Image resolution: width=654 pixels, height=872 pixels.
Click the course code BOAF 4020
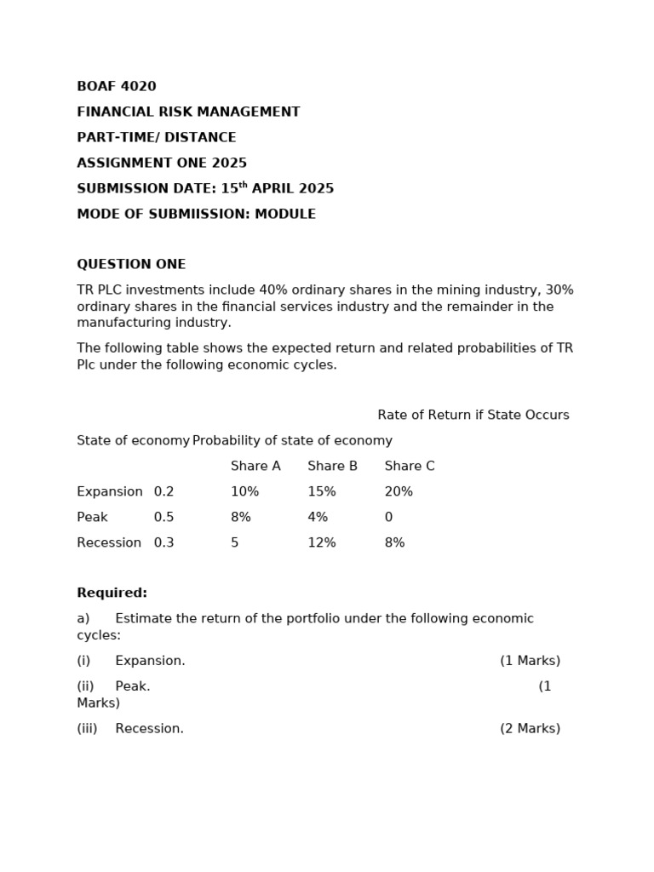click(x=117, y=87)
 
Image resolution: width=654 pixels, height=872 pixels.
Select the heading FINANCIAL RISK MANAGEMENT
click(x=188, y=112)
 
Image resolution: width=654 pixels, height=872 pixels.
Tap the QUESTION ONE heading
click(x=131, y=265)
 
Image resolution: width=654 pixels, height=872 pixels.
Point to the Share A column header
click(x=255, y=467)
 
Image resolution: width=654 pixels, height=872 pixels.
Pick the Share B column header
click(x=332, y=467)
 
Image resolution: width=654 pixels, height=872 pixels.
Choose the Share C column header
click(x=410, y=467)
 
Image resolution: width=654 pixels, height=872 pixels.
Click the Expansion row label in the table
click(x=110, y=492)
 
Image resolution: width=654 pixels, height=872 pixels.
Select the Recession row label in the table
click(x=109, y=543)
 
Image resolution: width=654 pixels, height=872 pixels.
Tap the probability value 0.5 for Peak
click(x=163, y=518)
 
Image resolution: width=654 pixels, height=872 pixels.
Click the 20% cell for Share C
click(x=399, y=492)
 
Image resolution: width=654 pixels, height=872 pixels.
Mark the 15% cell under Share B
click(x=322, y=492)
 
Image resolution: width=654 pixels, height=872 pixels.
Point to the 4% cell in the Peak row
click(x=318, y=518)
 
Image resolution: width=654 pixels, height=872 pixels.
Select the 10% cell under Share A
click(x=244, y=492)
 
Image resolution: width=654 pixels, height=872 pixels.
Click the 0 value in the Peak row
click(x=388, y=518)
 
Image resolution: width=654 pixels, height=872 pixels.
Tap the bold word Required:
click(x=112, y=594)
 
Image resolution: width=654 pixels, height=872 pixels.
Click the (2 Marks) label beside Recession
click(x=530, y=729)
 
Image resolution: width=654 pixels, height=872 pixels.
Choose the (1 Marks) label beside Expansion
click(x=530, y=661)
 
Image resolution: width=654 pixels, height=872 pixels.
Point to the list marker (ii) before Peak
click(x=85, y=686)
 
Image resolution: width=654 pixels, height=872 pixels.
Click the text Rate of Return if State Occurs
click(x=473, y=416)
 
